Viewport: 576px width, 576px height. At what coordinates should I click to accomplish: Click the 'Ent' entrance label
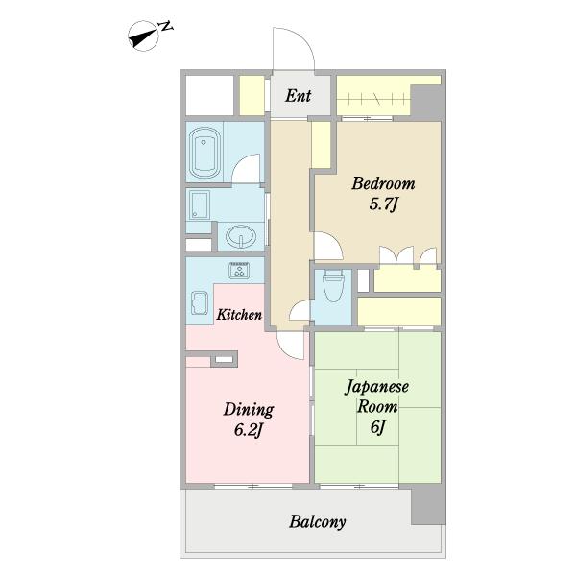click(x=299, y=96)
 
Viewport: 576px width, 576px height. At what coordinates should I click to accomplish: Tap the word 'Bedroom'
click(x=383, y=183)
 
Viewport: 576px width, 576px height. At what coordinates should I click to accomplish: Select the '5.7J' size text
click(x=383, y=204)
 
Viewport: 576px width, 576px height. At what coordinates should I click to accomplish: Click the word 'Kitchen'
click(x=239, y=315)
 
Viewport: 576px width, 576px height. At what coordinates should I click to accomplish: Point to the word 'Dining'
click(x=249, y=410)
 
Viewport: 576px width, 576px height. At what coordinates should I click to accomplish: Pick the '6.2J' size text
click(x=249, y=430)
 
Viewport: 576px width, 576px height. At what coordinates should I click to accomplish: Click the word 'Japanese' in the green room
click(x=376, y=387)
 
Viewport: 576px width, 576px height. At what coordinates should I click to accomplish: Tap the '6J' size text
click(x=377, y=427)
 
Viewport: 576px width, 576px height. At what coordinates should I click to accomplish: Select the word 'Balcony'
click(x=318, y=522)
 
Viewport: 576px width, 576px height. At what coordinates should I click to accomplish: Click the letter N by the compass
click(x=165, y=26)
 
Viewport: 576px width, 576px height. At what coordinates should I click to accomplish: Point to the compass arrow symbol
click(x=143, y=36)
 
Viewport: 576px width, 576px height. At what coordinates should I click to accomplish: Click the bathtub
click(x=204, y=153)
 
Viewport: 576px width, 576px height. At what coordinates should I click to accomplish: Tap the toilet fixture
click(x=333, y=286)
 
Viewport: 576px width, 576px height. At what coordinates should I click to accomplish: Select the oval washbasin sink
click(x=241, y=236)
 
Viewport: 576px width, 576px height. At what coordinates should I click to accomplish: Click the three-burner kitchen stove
click(x=239, y=271)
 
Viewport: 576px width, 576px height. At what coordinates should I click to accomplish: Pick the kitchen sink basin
click(x=200, y=302)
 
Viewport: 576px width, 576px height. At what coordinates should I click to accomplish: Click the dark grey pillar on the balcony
click(x=428, y=505)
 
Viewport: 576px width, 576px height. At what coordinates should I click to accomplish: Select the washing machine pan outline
click(x=200, y=205)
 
